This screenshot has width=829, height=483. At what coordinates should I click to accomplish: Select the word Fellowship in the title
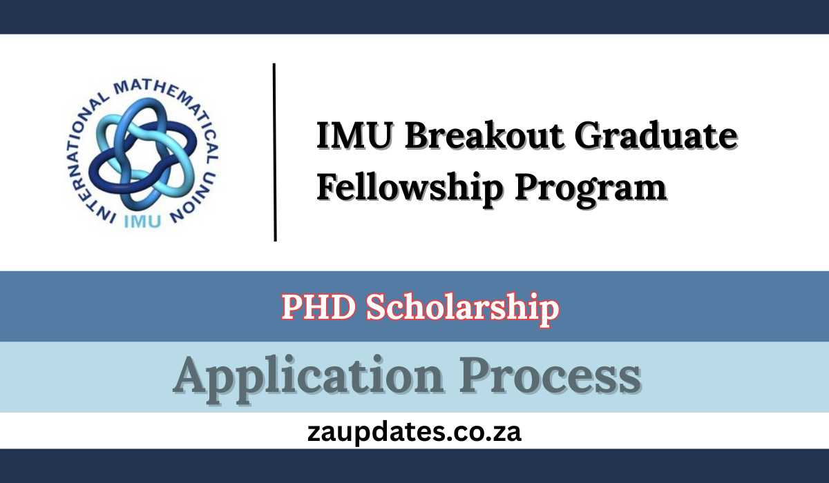(x=401, y=188)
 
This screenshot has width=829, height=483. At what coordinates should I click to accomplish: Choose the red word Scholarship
(x=462, y=308)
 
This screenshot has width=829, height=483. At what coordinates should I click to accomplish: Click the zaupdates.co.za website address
(x=414, y=433)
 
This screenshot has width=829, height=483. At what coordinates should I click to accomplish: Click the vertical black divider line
(x=275, y=152)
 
